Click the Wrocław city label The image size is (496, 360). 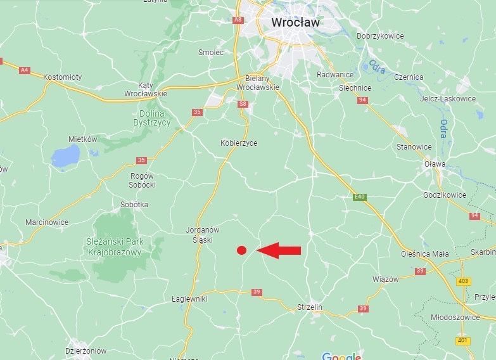(x=295, y=22)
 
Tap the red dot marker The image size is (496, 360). (x=241, y=250)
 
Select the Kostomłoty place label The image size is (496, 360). (x=62, y=77)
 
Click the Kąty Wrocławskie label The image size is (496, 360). (x=145, y=89)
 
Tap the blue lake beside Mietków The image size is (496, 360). (x=66, y=155)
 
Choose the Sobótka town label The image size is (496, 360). (x=134, y=205)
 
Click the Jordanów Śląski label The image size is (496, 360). (x=203, y=234)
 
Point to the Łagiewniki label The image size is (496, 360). (x=189, y=299)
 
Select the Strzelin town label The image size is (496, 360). (x=310, y=307)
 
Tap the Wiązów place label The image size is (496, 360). (x=385, y=279)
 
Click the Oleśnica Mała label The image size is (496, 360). (x=424, y=254)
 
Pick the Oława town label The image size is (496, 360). (x=435, y=164)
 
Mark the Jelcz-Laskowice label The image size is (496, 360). (x=447, y=99)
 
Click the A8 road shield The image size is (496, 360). (x=238, y=20)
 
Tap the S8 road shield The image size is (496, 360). (x=242, y=103)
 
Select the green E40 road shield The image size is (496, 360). (x=359, y=197)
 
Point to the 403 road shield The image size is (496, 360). (x=463, y=281)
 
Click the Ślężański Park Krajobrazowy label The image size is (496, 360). (x=115, y=247)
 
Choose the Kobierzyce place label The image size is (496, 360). (x=239, y=143)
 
